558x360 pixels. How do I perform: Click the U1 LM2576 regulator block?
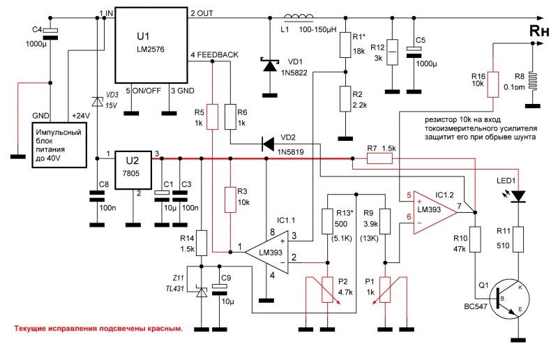click(x=151, y=45)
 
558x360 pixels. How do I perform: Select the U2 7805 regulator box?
click(x=133, y=170)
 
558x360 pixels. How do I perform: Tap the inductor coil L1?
click(x=299, y=16)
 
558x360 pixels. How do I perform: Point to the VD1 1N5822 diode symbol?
click(x=269, y=65)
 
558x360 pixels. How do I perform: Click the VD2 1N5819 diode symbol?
click(x=267, y=144)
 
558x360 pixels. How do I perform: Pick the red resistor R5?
click(x=213, y=117)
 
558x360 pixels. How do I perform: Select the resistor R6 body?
click(x=231, y=117)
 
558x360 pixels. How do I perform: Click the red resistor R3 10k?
click(x=231, y=200)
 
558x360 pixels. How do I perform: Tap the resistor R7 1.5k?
click(x=379, y=158)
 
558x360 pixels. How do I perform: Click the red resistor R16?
click(x=493, y=84)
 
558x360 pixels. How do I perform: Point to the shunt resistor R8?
click(x=532, y=82)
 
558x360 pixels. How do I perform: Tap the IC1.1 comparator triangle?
click(x=267, y=252)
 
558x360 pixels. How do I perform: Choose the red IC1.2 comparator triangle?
click(x=435, y=212)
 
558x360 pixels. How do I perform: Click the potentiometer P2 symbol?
click(x=327, y=290)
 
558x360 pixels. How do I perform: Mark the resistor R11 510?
click(x=518, y=239)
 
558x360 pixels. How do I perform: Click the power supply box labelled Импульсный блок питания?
click(x=59, y=145)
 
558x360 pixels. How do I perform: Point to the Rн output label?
click(x=538, y=31)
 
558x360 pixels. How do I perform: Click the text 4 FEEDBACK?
click(x=215, y=55)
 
